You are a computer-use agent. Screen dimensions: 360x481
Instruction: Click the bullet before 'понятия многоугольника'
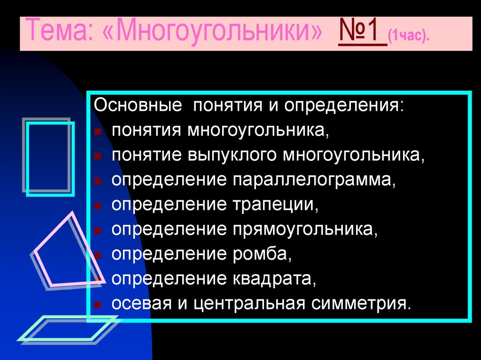[x=97, y=131]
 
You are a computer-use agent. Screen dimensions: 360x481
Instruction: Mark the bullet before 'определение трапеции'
[x=97, y=206]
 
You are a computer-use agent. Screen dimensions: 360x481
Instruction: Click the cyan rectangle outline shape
[x=50, y=158]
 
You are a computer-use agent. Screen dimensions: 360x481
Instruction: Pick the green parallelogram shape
[x=67, y=329]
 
